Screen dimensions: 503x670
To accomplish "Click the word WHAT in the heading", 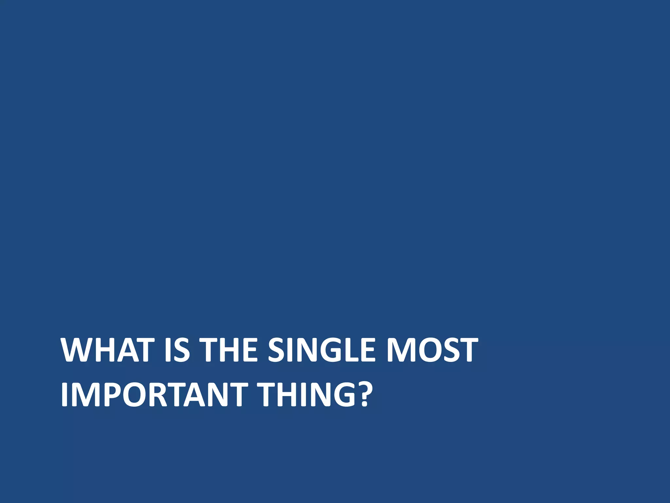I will tap(108, 350).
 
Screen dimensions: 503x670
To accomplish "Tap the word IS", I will tap(177, 350).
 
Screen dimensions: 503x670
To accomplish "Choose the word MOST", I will tap(432, 350).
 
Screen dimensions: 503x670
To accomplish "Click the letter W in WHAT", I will tap(79, 350).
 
